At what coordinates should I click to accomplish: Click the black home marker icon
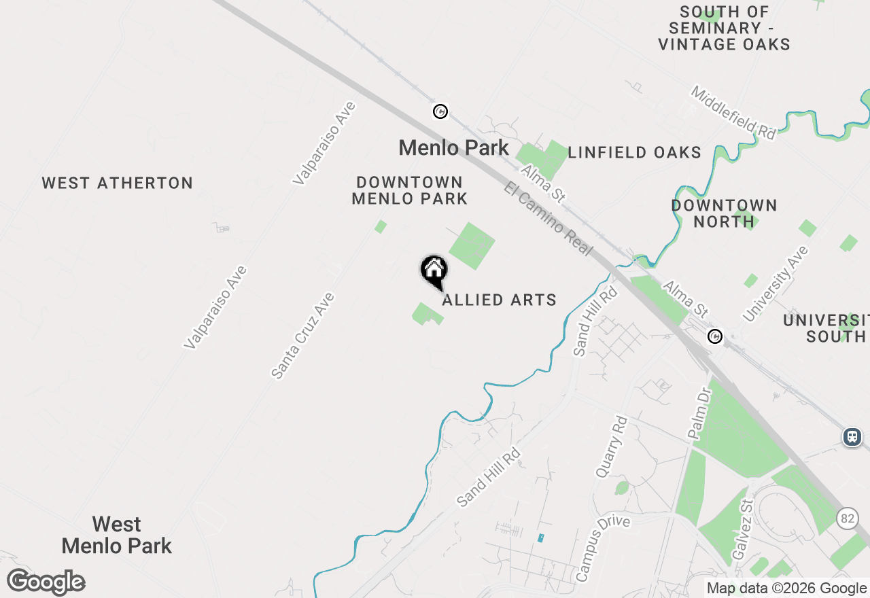pyautogui.click(x=434, y=270)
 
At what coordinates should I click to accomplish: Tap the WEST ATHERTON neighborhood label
pyautogui.click(x=118, y=183)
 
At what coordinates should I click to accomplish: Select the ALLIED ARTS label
pyautogui.click(x=500, y=300)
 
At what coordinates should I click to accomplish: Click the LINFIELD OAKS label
pyautogui.click(x=634, y=153)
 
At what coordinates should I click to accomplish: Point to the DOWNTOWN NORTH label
pyautogui.click(x=724, y=213)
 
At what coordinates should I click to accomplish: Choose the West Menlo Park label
pyautogui.click(x=117, y=535)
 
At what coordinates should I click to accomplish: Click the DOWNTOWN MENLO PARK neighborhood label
pyautogui.click(x=410, y=191)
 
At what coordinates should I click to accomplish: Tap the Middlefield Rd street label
pyautogui.click(x=733, y=113)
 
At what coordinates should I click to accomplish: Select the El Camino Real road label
pyautogui.click(x=549, y=217)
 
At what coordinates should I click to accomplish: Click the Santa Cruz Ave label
pyautogui.click(x=302, y=336)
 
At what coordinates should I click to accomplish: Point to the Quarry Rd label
pyautogui.click(x=611, y=447)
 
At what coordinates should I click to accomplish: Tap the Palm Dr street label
pyautogui.click(x=698, y=414)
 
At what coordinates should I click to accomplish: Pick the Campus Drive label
pyautogui.click(x=603, y=548)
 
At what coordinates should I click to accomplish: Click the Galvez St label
pyautogui.click(x=744, y=529)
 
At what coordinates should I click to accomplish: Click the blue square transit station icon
pyautogui.click(x=852, y=437)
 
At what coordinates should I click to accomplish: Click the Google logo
pyautogui.click(x=46, y=582)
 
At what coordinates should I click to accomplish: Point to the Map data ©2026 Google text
pyautogui.click(x=786, y=588)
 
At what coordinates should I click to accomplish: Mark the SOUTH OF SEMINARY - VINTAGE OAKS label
pyautogui.click(x=725, y=29)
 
